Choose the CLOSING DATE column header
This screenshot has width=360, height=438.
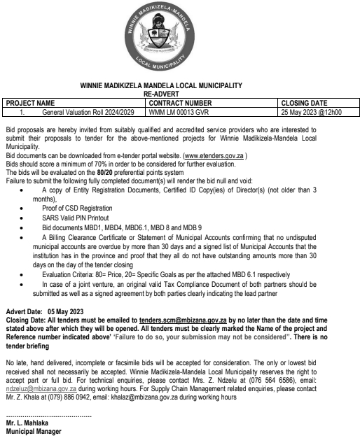[303, 102]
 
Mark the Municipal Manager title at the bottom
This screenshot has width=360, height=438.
[33, 432]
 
